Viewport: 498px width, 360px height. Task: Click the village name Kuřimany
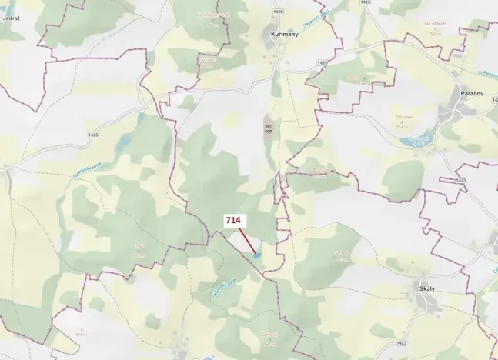click(276, 35)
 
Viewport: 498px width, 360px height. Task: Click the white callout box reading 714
click(233, 221)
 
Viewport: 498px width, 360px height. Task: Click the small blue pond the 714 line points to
click(257, 255)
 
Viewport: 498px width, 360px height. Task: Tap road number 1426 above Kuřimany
click(278, 12)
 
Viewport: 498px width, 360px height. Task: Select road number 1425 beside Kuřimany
click(323, 62)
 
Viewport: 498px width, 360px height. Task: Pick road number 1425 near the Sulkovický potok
click(93, 135)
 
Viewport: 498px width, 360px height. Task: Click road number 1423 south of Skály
click(399, 342)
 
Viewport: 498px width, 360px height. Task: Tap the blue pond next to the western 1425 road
click(123, 143)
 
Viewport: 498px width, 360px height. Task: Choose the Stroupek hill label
click(404, 117)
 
